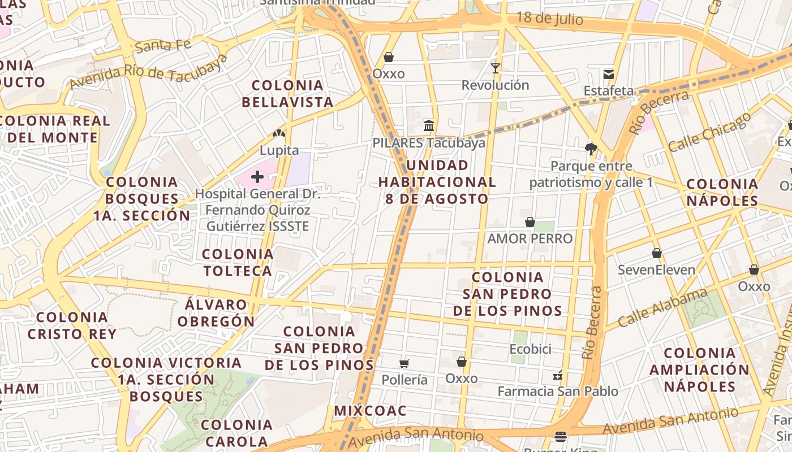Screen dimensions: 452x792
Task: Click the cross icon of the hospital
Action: tap(257, 177)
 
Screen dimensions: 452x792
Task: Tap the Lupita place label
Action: tap(279, 151)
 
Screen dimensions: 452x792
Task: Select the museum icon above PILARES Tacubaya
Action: tap(429, 125)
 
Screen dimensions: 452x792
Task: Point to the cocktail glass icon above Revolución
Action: tap(496, 68)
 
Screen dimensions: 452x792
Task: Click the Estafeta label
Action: tap(609, 91)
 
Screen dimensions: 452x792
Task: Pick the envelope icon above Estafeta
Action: tap(609, 74)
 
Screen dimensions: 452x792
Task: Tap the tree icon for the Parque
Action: tap(591, 149)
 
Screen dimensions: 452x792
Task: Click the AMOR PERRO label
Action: tap(530, 239)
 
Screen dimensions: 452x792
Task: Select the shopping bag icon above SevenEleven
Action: tap(657, 253)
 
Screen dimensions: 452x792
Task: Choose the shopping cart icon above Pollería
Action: tap(404, 363)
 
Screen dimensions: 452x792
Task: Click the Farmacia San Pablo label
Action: tap(558, 391)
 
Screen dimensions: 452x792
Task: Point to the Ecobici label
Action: tap(530, 350)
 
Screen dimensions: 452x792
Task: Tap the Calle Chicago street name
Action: tap(709, 132)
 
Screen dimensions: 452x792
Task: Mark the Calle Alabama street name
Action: tap(662, 308)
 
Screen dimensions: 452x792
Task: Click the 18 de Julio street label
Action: tap(549, 19)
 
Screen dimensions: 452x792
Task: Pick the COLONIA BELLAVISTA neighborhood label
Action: tap(287, 94)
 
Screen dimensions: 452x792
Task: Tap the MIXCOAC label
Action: tap(371, 411)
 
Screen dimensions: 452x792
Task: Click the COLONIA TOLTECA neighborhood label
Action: tap(238, 263)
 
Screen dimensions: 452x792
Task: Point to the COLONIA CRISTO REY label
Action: tap(72, 325)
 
